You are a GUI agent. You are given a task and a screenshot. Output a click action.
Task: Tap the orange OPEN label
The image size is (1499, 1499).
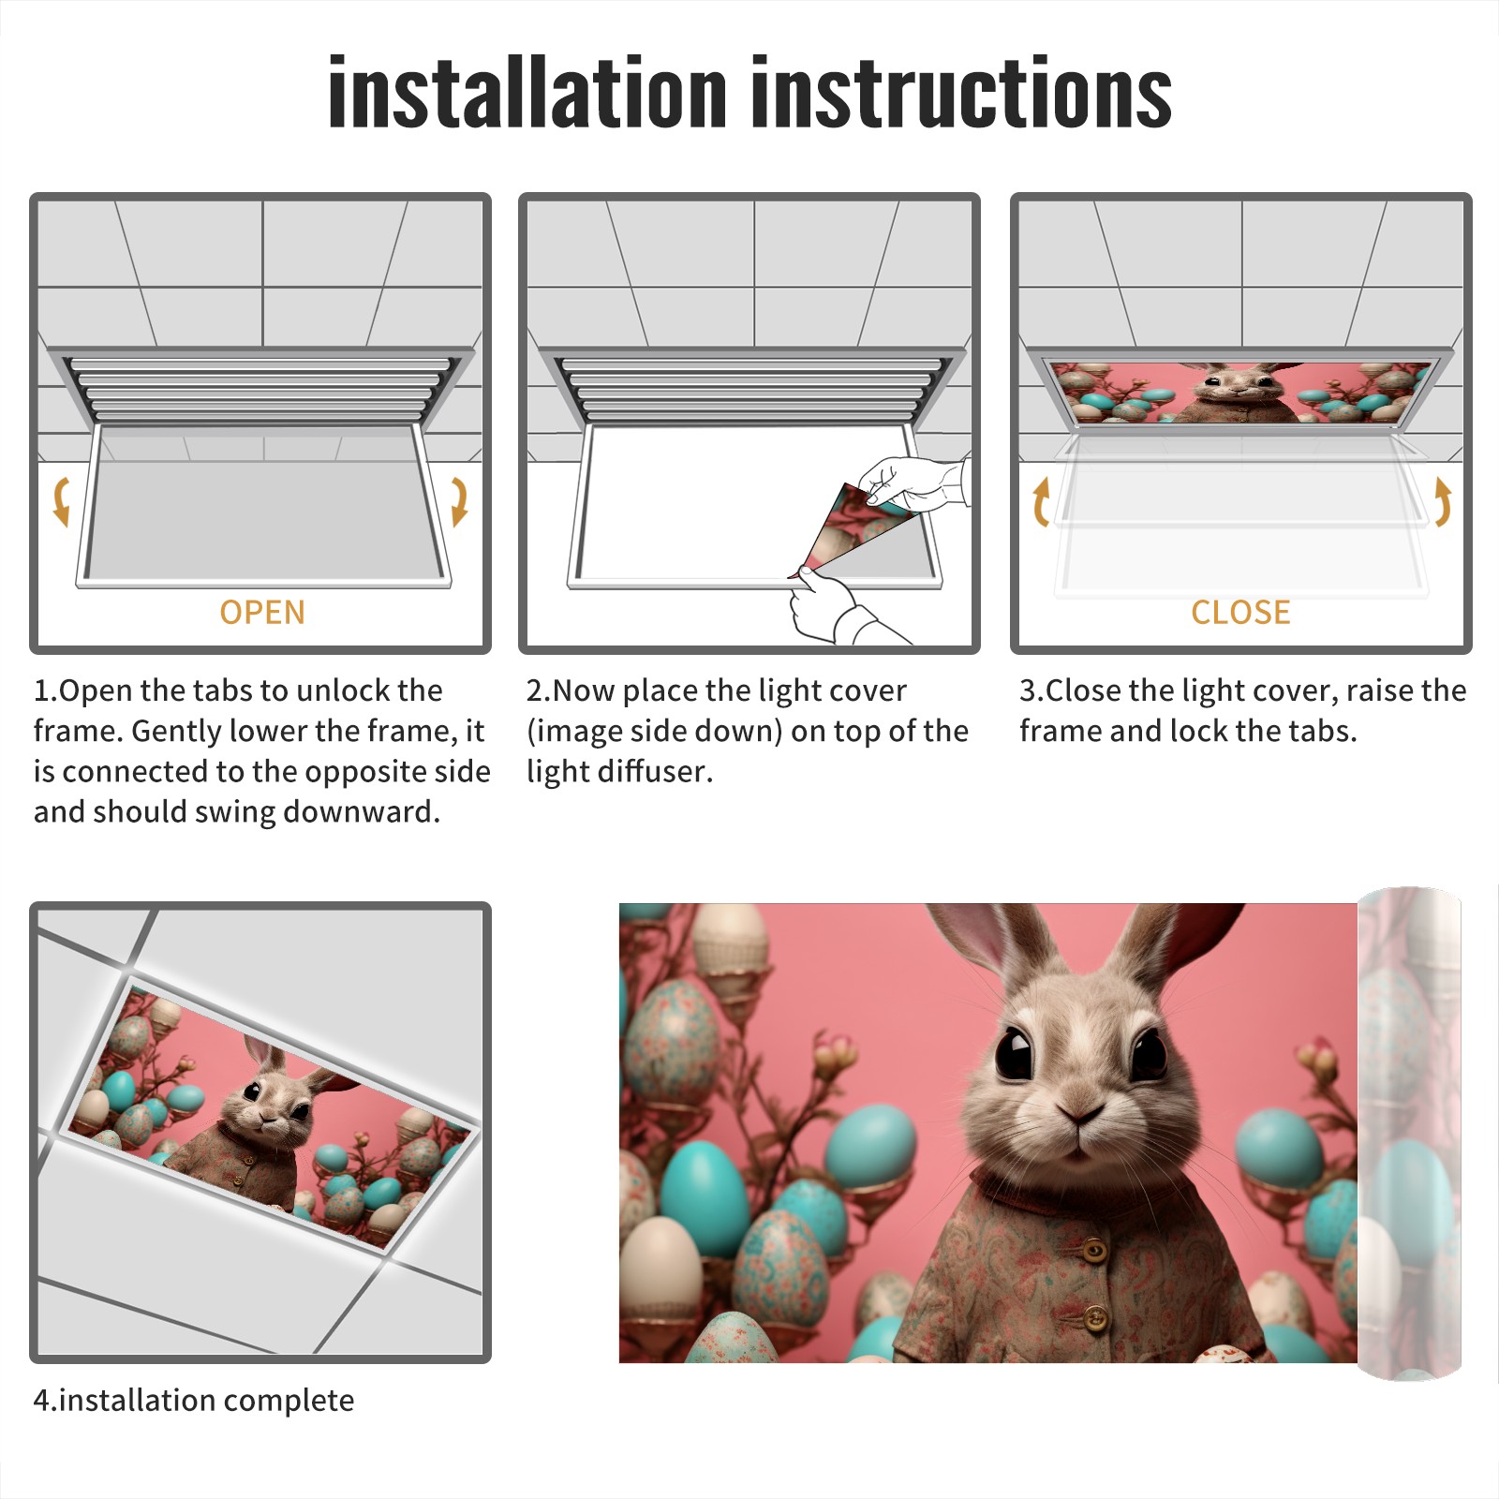[262, 612]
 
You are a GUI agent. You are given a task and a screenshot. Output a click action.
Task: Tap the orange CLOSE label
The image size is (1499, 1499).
[1240, 612]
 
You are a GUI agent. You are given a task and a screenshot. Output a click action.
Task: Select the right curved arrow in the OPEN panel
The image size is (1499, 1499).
[459, 501]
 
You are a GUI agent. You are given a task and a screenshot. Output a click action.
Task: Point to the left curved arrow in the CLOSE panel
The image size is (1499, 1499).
[1041, 501]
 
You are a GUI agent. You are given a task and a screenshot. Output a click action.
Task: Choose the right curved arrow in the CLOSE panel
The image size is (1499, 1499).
[1443, 501]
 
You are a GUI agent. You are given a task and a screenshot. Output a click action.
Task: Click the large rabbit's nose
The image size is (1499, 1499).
[1080, 1113]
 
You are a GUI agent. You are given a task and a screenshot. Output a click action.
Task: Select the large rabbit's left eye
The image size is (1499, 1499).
[1015, 1053]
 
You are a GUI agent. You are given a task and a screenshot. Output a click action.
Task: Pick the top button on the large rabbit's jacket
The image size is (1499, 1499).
[1093, 1250]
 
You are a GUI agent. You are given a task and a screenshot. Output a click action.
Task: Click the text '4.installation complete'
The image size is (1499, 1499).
[194, 1400]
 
